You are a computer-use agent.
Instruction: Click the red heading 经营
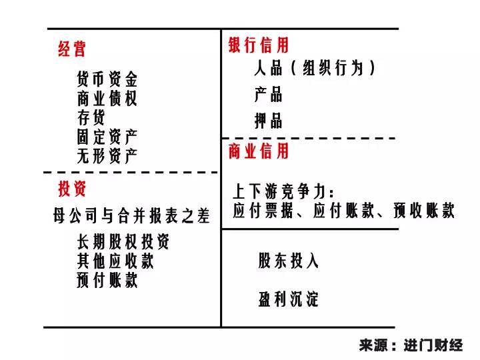(72, 49)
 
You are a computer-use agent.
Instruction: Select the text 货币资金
(107, 81)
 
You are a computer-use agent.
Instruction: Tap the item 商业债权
(107, 99)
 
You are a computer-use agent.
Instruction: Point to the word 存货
(91, 118)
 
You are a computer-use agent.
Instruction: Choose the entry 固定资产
(107, 137)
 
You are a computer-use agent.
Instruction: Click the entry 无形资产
(107, 156)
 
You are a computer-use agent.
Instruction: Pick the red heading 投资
(72, 189)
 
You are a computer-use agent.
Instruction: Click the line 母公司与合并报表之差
(131, 216)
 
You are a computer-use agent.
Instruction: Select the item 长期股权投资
(123, 241)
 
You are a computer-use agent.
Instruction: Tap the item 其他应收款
(115, 261)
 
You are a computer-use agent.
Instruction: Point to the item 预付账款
(107, 280)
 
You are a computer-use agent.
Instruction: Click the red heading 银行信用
(259, 45)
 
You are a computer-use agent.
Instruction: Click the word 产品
(268, 95)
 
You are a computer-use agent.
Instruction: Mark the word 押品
(268, 121)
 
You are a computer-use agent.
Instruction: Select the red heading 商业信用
(259, 151)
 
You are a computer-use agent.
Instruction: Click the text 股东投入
(289, 261)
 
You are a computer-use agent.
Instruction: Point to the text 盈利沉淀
(289, 299)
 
